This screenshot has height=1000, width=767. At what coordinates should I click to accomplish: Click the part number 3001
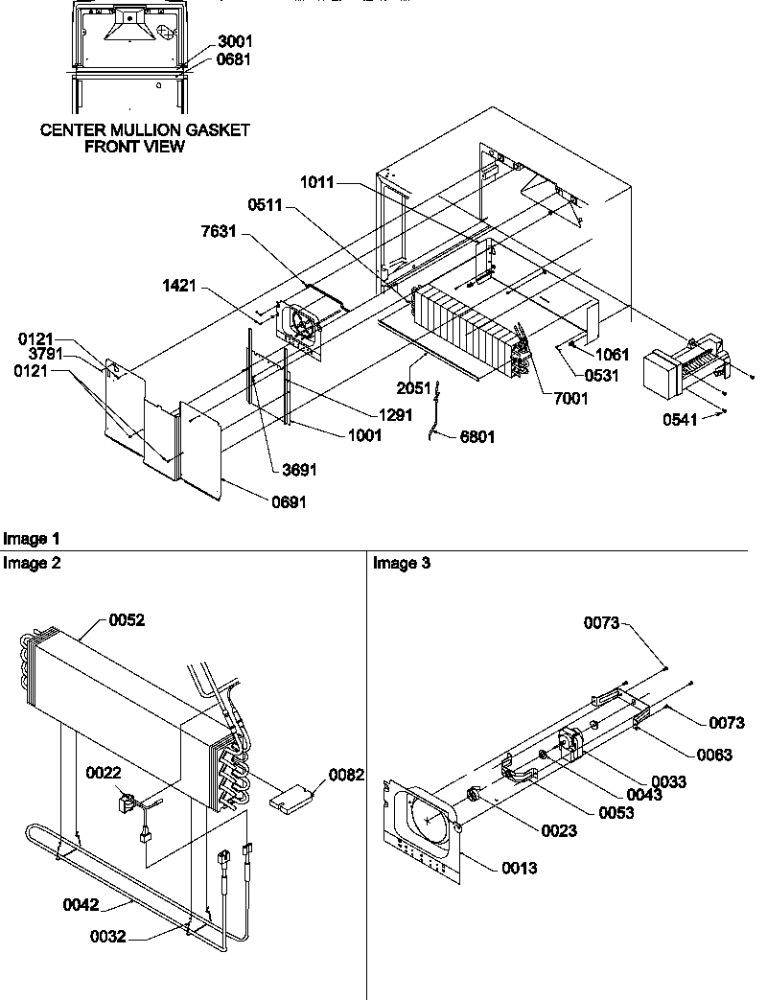236,43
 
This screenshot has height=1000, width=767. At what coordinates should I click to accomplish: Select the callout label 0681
236,58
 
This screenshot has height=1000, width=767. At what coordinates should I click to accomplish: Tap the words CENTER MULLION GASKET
145,130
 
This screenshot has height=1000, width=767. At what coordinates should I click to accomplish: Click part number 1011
317,181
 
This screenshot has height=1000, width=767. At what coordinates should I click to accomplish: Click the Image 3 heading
402,564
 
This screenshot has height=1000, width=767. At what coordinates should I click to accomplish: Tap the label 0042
82,902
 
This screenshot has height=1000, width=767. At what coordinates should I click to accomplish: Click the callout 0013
519,869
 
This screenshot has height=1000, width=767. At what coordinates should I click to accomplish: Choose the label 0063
714,755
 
